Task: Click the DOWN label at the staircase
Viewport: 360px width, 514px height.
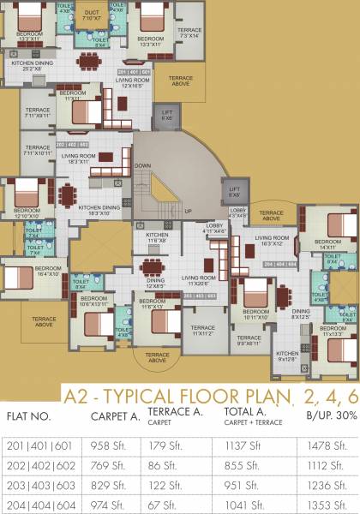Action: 143,166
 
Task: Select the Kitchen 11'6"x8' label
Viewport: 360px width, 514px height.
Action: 157,239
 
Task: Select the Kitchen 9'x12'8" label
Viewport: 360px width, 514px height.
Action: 287,356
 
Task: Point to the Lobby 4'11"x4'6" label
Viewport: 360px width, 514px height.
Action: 214,229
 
